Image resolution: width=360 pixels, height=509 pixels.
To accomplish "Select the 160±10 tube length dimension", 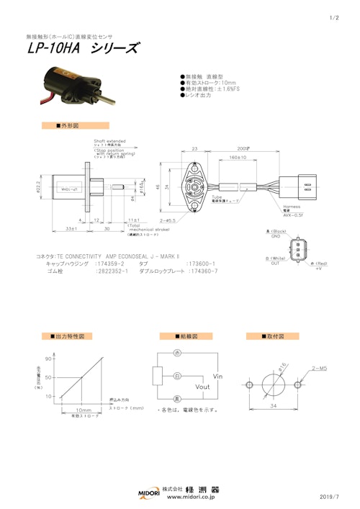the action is [x=237, y=156].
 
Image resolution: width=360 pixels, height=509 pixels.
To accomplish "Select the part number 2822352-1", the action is [x=112, y=272].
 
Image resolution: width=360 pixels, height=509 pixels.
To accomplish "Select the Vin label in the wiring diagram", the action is [x=221, y=376].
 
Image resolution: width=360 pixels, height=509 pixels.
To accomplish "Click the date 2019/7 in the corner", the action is [x=330, y=497].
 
